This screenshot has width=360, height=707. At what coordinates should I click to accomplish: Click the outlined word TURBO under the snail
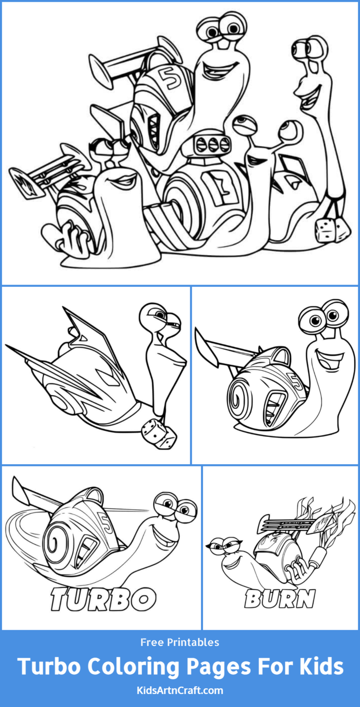coord(103,598)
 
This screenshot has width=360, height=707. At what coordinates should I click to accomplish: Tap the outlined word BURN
coord(279,599)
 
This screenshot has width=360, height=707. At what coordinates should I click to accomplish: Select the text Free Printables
coord(180,642)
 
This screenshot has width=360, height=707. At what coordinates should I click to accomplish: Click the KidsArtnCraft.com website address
coord(180,690)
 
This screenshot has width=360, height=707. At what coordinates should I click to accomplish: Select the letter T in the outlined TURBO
coord(61,599)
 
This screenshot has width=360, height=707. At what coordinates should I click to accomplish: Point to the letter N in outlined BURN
coord(305,599)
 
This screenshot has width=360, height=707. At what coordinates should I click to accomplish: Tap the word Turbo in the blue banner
coord(49,666)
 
